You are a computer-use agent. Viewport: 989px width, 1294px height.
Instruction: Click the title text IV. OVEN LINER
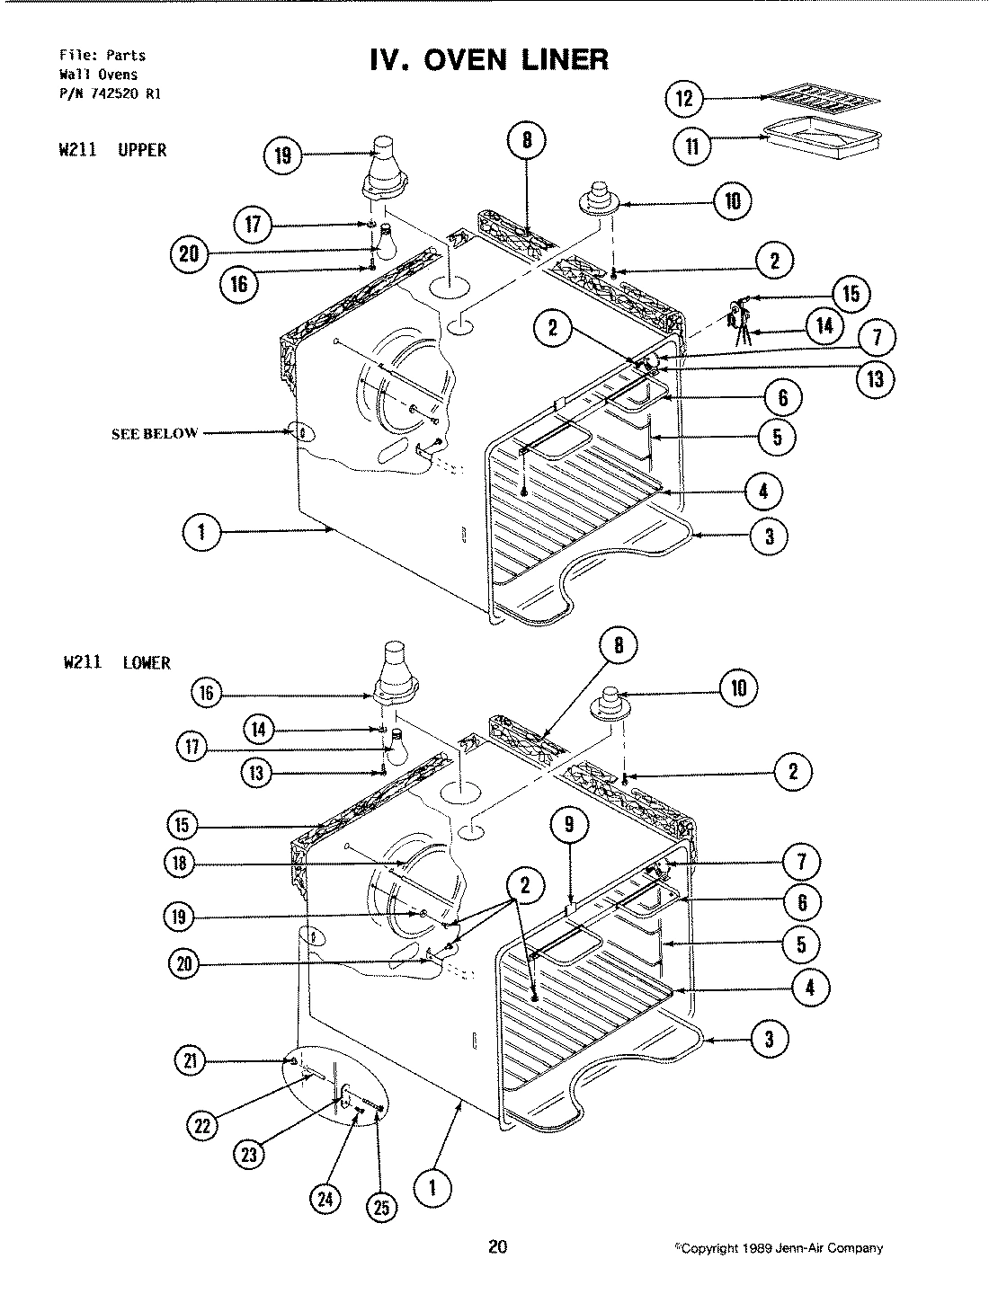pos(489,60)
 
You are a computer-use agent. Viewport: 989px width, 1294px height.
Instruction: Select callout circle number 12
pos(685,98)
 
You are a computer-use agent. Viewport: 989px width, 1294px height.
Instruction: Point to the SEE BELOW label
pos(154,433)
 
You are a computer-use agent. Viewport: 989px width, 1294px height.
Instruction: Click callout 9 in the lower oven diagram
pos(569,825)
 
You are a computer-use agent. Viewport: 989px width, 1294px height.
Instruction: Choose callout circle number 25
pos(382,1209)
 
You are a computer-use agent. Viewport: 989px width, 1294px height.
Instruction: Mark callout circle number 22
pos(205,1123)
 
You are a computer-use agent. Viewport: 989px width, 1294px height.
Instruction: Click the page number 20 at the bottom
pos(497,1246)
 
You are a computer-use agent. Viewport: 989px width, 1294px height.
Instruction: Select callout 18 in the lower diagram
pos(180,864)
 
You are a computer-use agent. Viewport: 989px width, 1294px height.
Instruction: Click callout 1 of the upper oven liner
pos(201,532)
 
